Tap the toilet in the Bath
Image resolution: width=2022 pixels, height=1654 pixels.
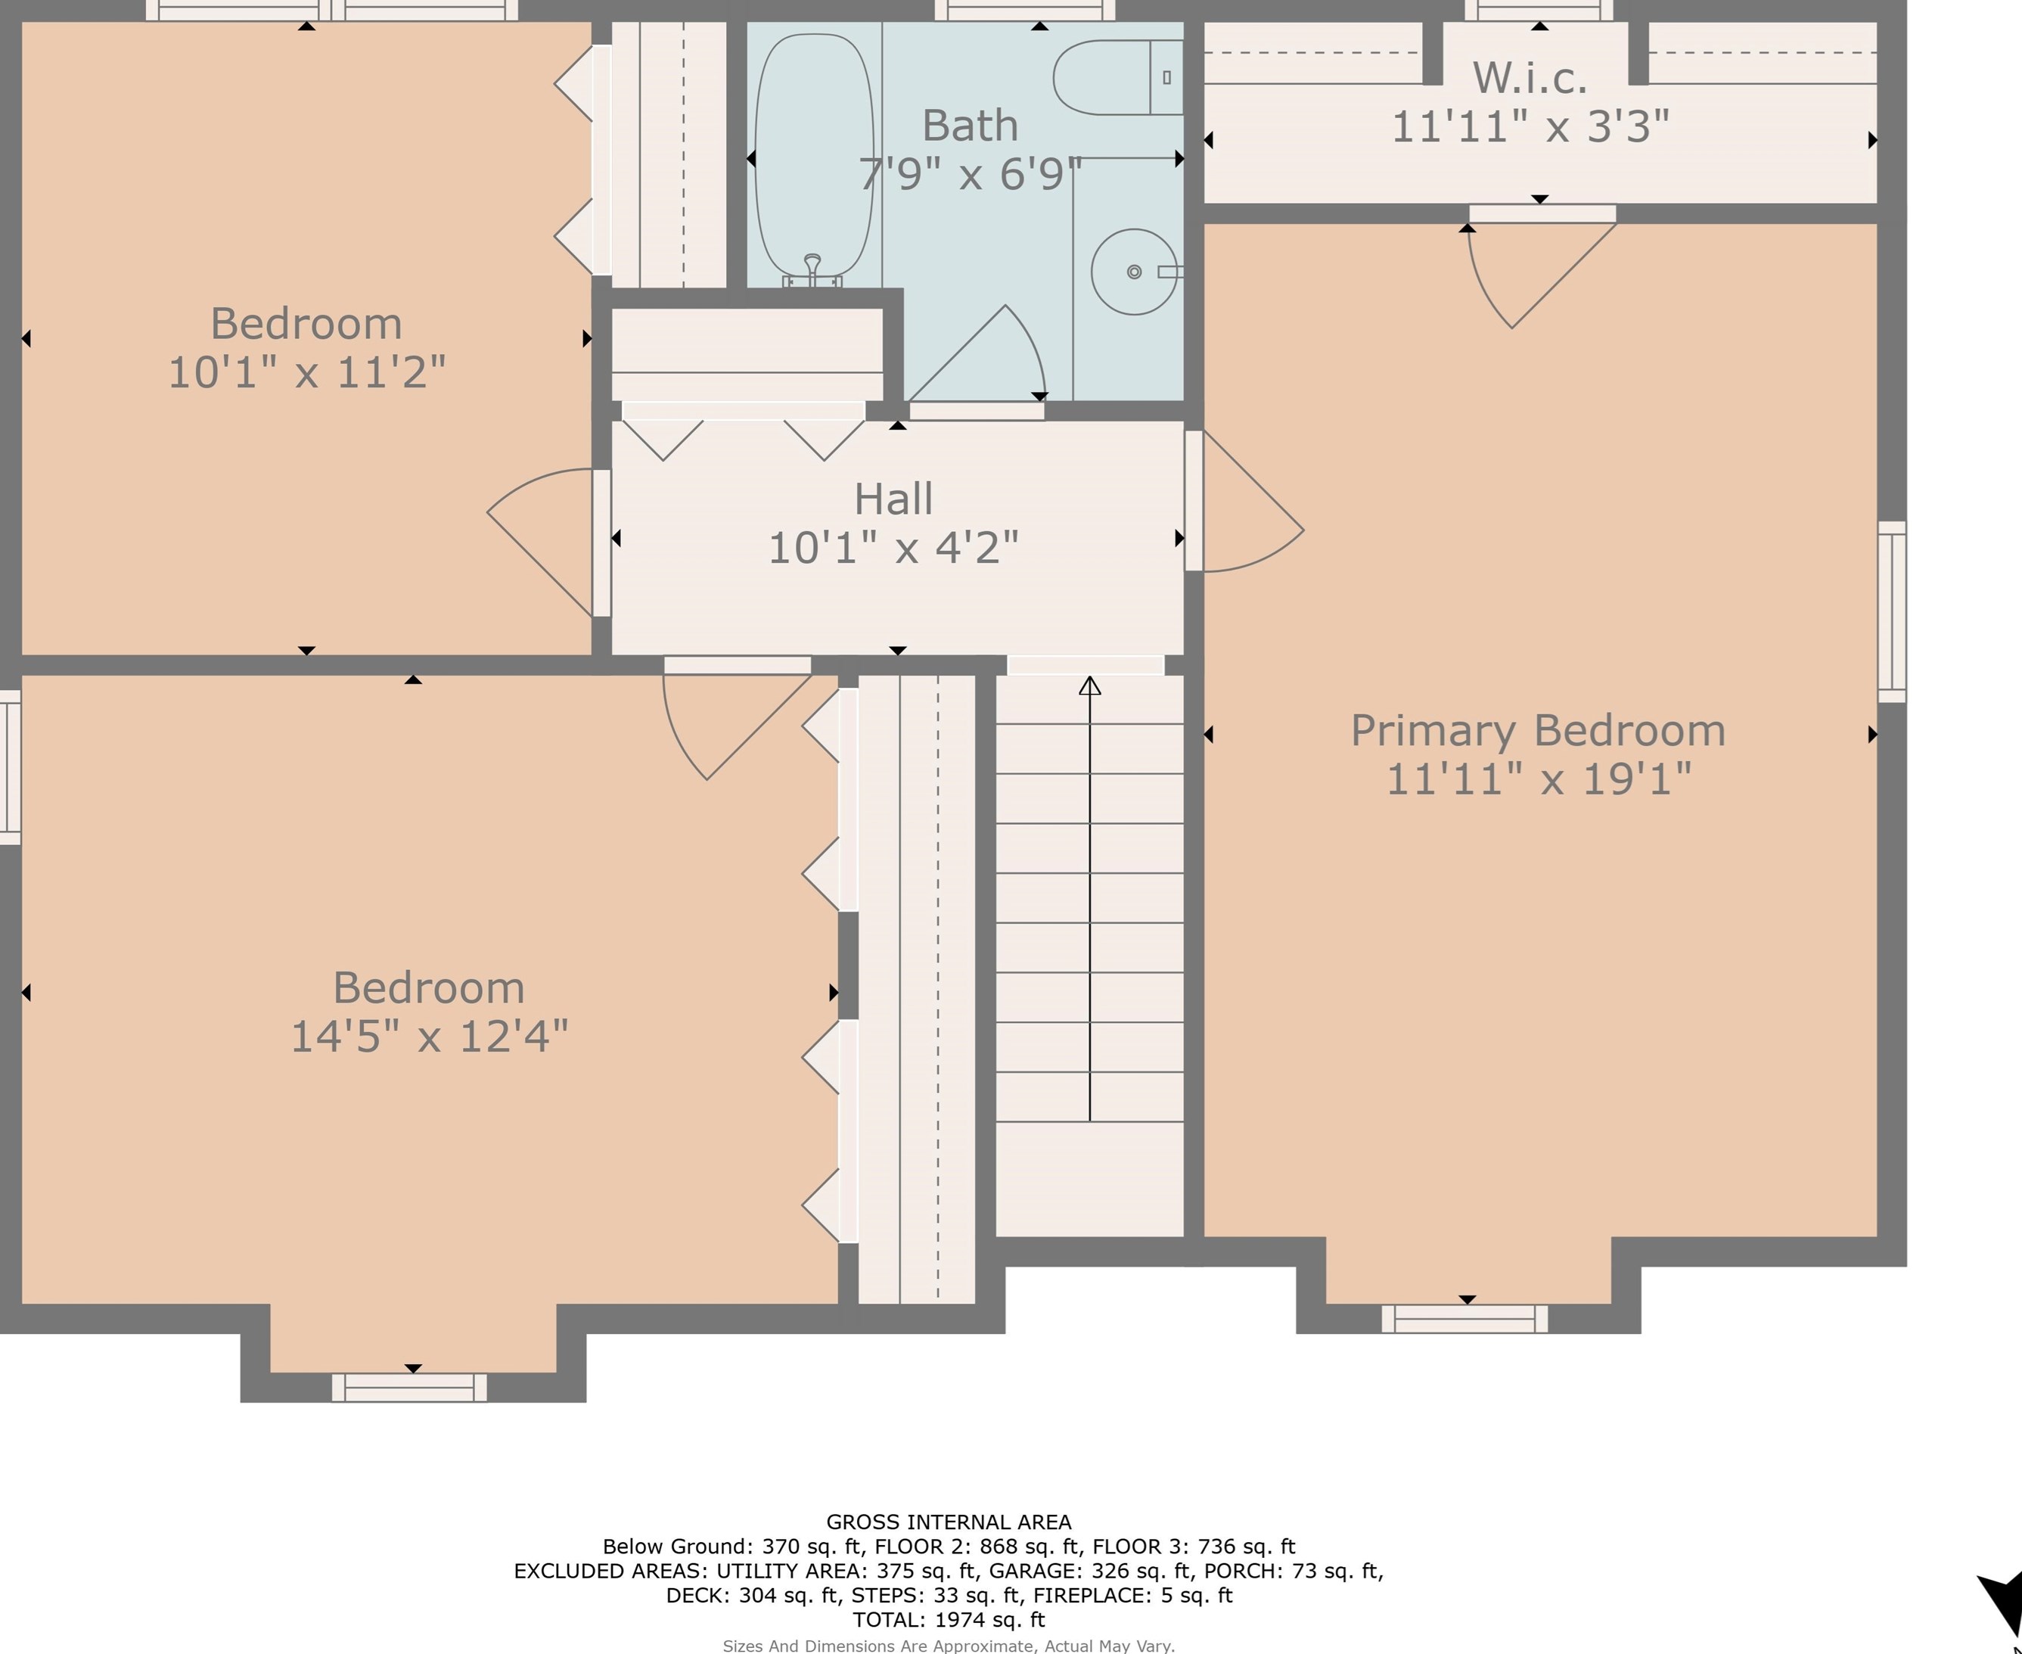pyautogui.click(x=1117, y=77)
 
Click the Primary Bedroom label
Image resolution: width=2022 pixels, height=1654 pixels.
pyautogui.click(x=1538, y=731)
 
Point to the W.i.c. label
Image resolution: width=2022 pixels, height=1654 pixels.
pyautogui.click(x=1530, y=78)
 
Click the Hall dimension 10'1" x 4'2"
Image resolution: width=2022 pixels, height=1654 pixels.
pyautogui.click(x=893, y=548)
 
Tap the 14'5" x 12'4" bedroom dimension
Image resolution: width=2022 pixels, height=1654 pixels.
pyautogui.click(x=429, y=1037)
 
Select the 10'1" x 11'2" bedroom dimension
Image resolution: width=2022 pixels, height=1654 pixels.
pyautogui.click(x=306, y=372)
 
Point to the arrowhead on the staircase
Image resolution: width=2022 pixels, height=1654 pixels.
pyautogui.click(x=1089, y=685)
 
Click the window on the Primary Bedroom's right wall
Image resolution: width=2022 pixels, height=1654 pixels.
pyautogui.click(x=1892, y=611)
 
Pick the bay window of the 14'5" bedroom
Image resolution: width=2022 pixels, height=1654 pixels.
pyautogui.click(x=409, y=1387)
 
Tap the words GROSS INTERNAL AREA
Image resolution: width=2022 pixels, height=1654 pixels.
pyautogui.click(x=949, y=1522)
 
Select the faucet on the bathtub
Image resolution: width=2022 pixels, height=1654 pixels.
pyautogui.click(x=812, y=269)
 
